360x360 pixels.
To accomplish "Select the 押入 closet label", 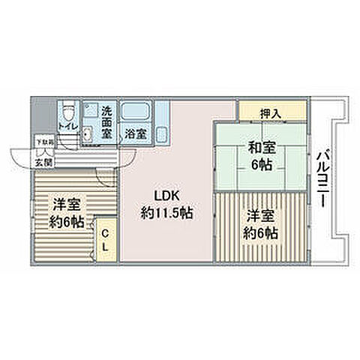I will click(x=271, y=113).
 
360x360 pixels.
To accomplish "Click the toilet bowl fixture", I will click(x=67, y=114).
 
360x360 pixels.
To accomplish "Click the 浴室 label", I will click(x=136, y=135).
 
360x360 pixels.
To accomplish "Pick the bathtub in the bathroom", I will click(x=136, y=113).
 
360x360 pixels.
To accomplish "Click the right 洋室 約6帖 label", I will click(x=261, y=225).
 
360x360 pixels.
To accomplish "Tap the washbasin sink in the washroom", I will click(x=88, y=135).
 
